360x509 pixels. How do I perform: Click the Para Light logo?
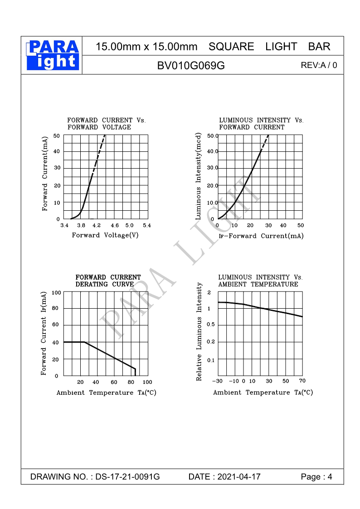53,55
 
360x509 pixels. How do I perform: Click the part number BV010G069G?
191,65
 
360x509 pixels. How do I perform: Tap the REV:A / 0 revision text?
319,65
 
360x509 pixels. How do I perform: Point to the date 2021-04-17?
239,477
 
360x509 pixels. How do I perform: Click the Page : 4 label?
316,477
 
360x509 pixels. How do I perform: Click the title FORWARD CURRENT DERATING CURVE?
108,281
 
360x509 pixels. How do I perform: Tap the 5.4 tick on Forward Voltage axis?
146,225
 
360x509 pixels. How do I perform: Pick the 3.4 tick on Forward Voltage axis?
64,225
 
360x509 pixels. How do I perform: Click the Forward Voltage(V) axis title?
105,235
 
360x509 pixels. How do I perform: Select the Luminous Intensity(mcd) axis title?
198,177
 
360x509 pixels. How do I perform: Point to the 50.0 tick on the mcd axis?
213,136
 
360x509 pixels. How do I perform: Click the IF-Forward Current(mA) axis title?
261,236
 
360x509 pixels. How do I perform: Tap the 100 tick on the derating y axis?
56,293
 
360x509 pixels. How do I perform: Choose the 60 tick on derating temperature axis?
114,383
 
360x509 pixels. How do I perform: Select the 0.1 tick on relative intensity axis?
211,360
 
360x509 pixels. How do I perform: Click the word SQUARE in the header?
231,47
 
